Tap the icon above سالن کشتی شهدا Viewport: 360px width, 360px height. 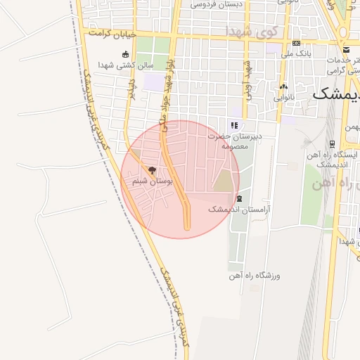pyautogui.click(x=126, y=54)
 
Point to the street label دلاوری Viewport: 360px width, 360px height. pyautogui.click(x=131, y=89)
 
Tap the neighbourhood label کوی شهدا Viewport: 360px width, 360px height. pyautogui.click(x=252, y=32)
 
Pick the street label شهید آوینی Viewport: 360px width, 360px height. pyautogui.click(x=247, y=79)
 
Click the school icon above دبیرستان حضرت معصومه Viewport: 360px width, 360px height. pyautogui.click(x=234, y=126)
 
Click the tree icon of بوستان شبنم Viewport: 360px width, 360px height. pyautogui.click(x=153, y=169)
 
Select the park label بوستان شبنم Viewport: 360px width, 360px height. pyautogui.click(x=153, y=181)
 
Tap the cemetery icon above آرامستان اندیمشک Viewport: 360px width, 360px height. pyautogui.click(x=240, y=199)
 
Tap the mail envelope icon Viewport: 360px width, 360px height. pyautogui.click(x=346, y=49)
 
